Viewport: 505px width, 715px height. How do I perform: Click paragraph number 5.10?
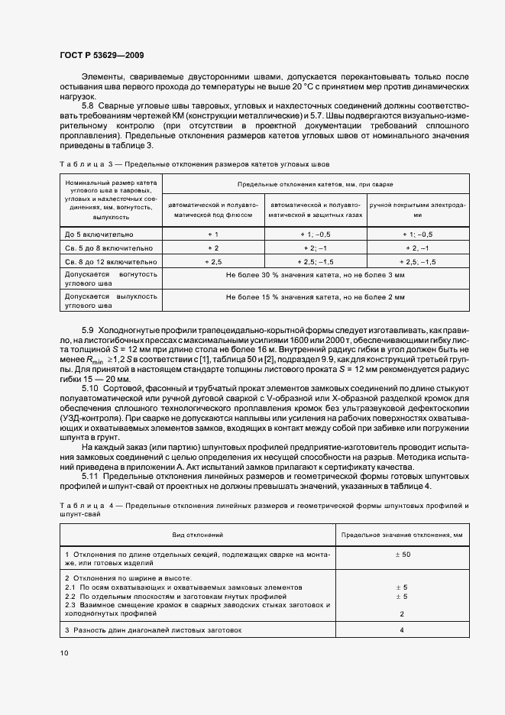tap(90, 389)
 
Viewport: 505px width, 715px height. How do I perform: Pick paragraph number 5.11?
tap(90, 477)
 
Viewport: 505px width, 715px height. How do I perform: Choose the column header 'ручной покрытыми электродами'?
tap(418, 210)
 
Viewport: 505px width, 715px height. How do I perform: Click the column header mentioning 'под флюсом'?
tap(213, 210)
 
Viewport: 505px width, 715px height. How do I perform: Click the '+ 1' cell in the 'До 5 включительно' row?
tap(213, 235)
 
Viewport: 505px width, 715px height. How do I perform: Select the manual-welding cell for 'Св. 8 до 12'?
tap(418, 261)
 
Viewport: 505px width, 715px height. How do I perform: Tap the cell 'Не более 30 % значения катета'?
tap(316, 274)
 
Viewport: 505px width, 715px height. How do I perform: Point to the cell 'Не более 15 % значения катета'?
tap(316, 296)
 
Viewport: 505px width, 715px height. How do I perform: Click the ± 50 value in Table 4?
tap(402, 554)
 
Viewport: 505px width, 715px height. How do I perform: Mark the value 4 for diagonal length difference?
tap(402, 630)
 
